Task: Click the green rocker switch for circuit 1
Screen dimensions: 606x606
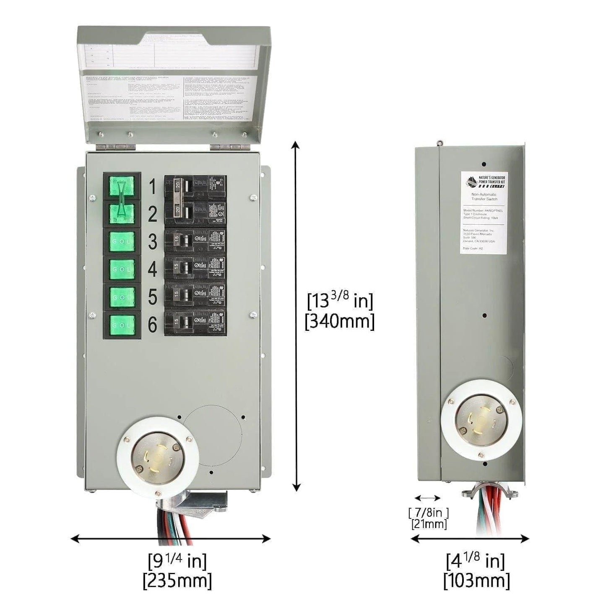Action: [x=122, y=187]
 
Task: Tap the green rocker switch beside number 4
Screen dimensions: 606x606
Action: [x=122, y=269]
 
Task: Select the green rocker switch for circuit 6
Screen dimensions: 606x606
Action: [x=122, y=324]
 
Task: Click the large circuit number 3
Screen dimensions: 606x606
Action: [x=152, y=242]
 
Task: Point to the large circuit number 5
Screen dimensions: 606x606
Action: [x=152, y=297]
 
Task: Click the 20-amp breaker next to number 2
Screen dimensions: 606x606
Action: [x=195, y=214]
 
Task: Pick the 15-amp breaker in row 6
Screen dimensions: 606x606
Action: [x=195, y=323]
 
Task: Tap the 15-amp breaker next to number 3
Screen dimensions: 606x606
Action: [x=195, y=241]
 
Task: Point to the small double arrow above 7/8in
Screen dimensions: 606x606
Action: [x=427, y=498]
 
